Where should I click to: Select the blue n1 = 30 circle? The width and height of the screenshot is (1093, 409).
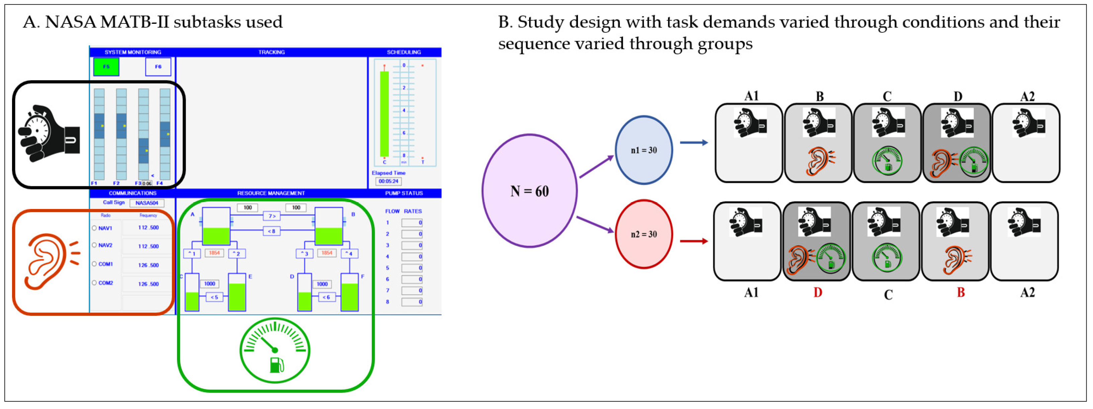coord(643,150)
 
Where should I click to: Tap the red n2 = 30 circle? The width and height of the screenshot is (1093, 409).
coord(643,234)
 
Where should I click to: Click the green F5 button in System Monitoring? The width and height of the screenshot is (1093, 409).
coord(106,67)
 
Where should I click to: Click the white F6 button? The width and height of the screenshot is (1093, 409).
coord(158,67)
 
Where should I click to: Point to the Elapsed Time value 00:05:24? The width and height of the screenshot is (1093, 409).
coord(388,181)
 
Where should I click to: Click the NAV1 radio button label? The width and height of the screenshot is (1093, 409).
coord(105,228)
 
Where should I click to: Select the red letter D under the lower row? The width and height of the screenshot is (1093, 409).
coord(818,293)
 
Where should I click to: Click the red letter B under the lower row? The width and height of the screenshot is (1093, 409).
coord(960,293)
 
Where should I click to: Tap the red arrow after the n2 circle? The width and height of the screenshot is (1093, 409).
coord(693,241)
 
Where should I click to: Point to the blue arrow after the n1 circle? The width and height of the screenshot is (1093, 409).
coord(693,143)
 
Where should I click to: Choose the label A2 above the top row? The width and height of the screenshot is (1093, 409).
coord(1027,96)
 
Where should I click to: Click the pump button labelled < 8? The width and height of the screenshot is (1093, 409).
coord(271,231)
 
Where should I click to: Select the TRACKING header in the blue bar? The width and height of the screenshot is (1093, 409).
coord(271,52)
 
